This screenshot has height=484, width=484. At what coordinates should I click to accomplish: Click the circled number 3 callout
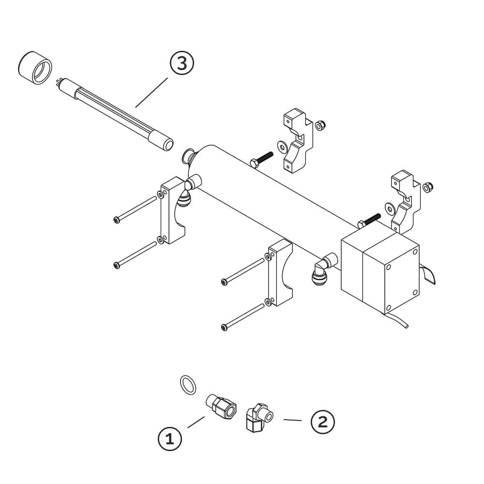click(182, 63)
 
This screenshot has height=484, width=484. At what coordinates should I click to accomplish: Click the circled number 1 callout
click(170, 439)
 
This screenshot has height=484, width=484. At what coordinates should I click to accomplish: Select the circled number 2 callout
click(322, 422)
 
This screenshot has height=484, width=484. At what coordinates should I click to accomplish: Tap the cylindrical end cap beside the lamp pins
click(35, 68)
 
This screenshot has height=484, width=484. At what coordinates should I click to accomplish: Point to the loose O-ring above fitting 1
click(188, 385)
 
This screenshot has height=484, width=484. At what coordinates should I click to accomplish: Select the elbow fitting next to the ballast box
click(324, 267)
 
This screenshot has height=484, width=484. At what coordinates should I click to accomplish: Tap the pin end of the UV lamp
click(59, 82)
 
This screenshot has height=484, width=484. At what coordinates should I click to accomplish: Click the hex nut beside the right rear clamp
click(428, 187)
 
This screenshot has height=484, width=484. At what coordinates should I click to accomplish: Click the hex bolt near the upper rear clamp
click(261, 159)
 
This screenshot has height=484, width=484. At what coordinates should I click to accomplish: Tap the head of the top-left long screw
click(117, 220)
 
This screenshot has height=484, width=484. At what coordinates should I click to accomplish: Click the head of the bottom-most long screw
click(225, 327)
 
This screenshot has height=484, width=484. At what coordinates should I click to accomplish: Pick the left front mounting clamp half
click(172, 211)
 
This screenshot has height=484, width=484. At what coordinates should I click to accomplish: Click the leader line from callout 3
click(151, 92)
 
